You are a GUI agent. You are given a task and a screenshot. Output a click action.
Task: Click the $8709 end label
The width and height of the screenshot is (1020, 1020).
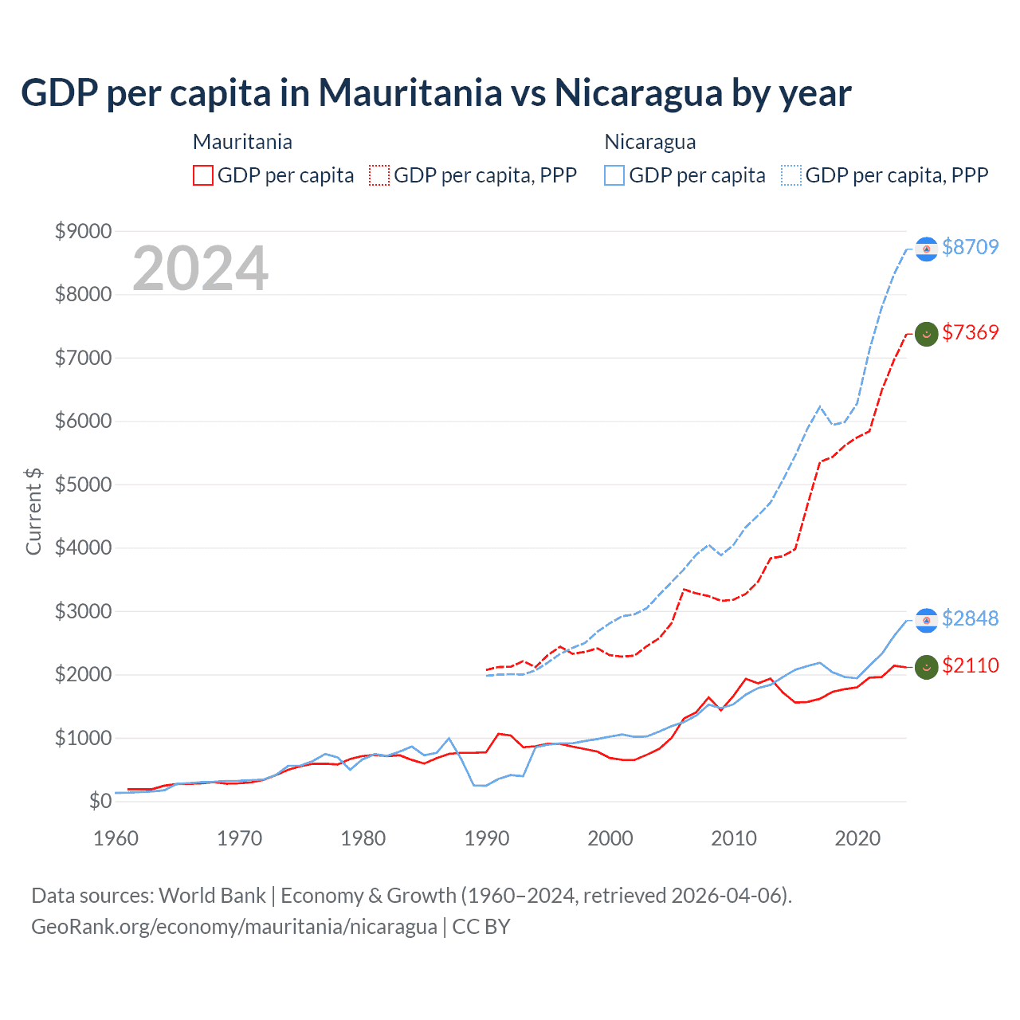970,247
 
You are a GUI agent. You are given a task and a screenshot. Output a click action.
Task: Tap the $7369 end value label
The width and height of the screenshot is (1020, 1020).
970,332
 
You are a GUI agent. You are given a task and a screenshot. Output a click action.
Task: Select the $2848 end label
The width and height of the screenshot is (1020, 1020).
970,618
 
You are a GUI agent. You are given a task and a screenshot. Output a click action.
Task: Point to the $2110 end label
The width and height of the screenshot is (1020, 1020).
970,665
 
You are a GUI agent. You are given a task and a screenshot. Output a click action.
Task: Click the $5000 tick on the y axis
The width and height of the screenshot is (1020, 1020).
83,484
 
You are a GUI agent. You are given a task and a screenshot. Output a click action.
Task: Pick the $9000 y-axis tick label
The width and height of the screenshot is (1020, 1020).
83,231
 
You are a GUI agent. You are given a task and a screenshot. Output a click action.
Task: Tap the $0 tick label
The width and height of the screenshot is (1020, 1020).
100,801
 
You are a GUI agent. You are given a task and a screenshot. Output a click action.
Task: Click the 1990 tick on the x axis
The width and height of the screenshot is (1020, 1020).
486,838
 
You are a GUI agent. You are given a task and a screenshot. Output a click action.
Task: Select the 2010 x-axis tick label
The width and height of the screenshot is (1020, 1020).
733,838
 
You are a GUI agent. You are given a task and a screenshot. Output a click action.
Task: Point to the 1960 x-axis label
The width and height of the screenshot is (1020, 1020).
116,838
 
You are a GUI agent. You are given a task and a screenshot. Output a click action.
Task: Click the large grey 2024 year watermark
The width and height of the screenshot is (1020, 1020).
200,269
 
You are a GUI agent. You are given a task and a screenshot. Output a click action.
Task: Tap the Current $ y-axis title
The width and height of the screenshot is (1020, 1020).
33,512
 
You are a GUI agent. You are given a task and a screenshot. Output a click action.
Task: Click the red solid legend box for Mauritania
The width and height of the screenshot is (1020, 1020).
203,175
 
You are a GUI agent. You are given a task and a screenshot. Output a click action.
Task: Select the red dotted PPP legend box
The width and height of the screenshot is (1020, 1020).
379,175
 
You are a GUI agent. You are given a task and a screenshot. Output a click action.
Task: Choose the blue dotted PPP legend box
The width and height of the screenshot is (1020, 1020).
791,175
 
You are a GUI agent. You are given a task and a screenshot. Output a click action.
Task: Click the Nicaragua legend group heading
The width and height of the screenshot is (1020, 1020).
650,142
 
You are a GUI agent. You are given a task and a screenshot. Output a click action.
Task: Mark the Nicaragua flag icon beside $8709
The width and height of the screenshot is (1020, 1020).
926,249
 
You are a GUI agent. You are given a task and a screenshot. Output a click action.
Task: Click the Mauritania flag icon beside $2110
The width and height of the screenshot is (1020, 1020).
926,667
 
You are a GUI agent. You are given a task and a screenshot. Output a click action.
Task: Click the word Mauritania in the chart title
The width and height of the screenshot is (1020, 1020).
410,92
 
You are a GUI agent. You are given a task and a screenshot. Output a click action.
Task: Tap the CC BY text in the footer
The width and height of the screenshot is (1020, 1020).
481,927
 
